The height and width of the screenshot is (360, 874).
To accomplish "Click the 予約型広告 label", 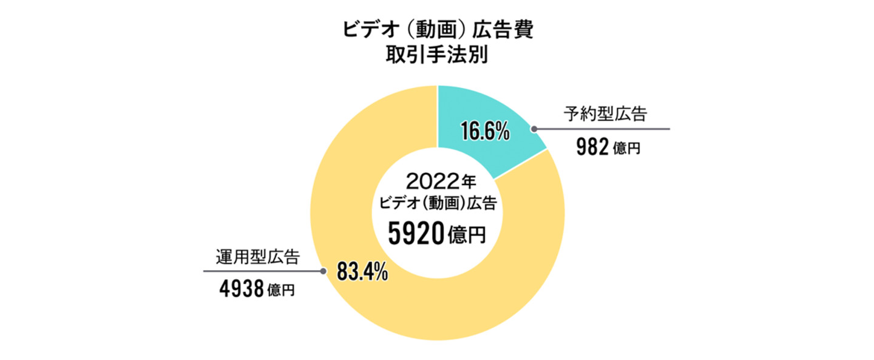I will pyautogui.click(x=605, y=114).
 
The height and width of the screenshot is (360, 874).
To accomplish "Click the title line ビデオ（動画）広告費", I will pyautogui.click(x=437, y=30).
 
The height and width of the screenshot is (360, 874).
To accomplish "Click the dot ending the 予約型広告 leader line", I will pyautogui.click(x=534, y=129).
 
